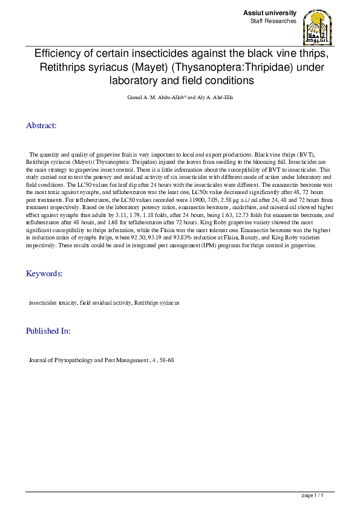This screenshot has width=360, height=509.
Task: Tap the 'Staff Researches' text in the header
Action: (x=273, y=21)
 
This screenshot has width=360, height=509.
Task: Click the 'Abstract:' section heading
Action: (x=41, y=126)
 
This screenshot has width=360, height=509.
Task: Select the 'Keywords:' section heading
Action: (x=44, y=274)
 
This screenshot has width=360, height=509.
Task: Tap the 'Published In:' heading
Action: (x=48, y=331)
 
